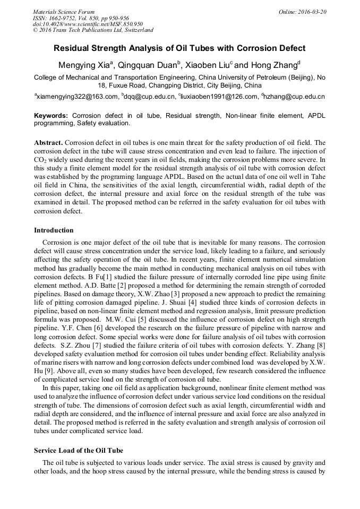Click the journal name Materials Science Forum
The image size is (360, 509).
[64, 12]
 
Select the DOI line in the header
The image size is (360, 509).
[88, 24]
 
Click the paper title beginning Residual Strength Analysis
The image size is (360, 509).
[179, 48]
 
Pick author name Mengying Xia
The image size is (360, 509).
[87, 65]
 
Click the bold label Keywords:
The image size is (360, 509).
[51, 115]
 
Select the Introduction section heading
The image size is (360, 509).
[54, 230]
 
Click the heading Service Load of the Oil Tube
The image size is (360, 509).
[79, 451]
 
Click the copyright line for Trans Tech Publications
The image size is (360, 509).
[93, 30]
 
